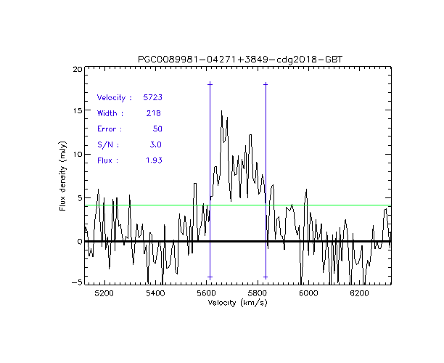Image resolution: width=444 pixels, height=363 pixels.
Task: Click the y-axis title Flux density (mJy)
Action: (x=63, y=175)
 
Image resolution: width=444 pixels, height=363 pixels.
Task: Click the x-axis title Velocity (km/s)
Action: (x=237, y=302)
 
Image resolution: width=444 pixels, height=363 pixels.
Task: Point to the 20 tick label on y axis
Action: (x=77, y=69)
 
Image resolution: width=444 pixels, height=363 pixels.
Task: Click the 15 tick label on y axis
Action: (x=77, y=112)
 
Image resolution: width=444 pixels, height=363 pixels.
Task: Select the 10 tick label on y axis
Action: (x=77, y=155)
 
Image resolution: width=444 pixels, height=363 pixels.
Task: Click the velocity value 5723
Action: (x=152, y=97)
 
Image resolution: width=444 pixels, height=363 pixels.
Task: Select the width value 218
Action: (x=154, y=113)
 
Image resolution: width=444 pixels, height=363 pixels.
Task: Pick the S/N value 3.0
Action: (x=155, y=144)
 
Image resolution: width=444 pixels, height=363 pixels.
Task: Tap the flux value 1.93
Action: (x=152, y=160)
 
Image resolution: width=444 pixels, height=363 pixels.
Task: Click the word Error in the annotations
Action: (x=110, y=129)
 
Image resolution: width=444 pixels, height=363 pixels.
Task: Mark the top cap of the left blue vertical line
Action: (x=210, y=84)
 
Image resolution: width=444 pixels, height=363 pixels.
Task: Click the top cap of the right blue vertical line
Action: (x=266, y=84)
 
